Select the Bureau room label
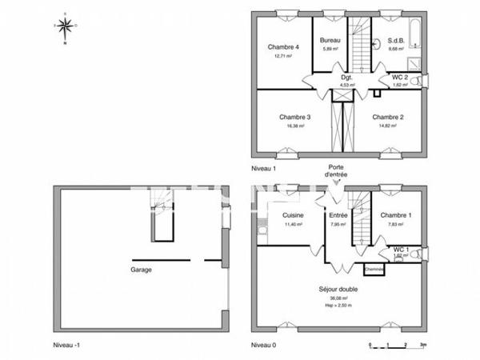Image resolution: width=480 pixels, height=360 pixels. [x=330, y=40]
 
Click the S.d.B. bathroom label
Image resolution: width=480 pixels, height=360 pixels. [x=396, y=40]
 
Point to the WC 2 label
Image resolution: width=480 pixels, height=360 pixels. [x=399, y=77]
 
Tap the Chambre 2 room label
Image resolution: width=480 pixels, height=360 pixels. [x=388, y=118]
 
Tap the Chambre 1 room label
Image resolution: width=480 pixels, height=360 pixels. [x=396, y=215]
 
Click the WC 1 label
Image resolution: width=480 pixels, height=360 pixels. [x=401, y=250]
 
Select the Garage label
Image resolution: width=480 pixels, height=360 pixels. [x=142, y=270]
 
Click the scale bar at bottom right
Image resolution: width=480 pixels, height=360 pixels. [x=397, y=346]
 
